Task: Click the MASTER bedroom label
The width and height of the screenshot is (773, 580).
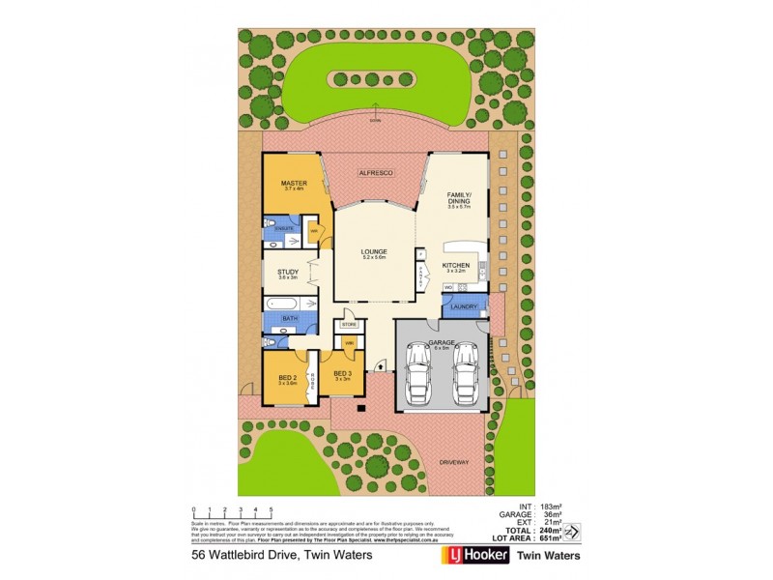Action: pos(293,183)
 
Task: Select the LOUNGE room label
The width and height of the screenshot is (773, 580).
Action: pos(374,251)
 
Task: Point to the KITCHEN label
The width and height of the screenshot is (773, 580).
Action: pos(455,265)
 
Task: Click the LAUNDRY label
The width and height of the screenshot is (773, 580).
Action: pos(465,307)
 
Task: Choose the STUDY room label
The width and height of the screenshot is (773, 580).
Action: pos(287,273)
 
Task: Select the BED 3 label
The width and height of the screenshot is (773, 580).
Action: pos(340,373)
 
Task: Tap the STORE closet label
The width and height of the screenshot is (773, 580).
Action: pos(348,325)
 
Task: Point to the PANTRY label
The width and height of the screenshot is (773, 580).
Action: pos(421,275)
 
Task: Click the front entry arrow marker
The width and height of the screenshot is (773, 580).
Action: pos(383,365)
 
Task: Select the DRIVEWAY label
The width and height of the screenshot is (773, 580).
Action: pos(453,463)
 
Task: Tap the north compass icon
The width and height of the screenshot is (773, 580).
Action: pos(571,531)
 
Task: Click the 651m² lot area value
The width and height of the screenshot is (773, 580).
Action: pos(545,539)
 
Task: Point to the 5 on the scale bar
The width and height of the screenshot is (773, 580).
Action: pos(272,508)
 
